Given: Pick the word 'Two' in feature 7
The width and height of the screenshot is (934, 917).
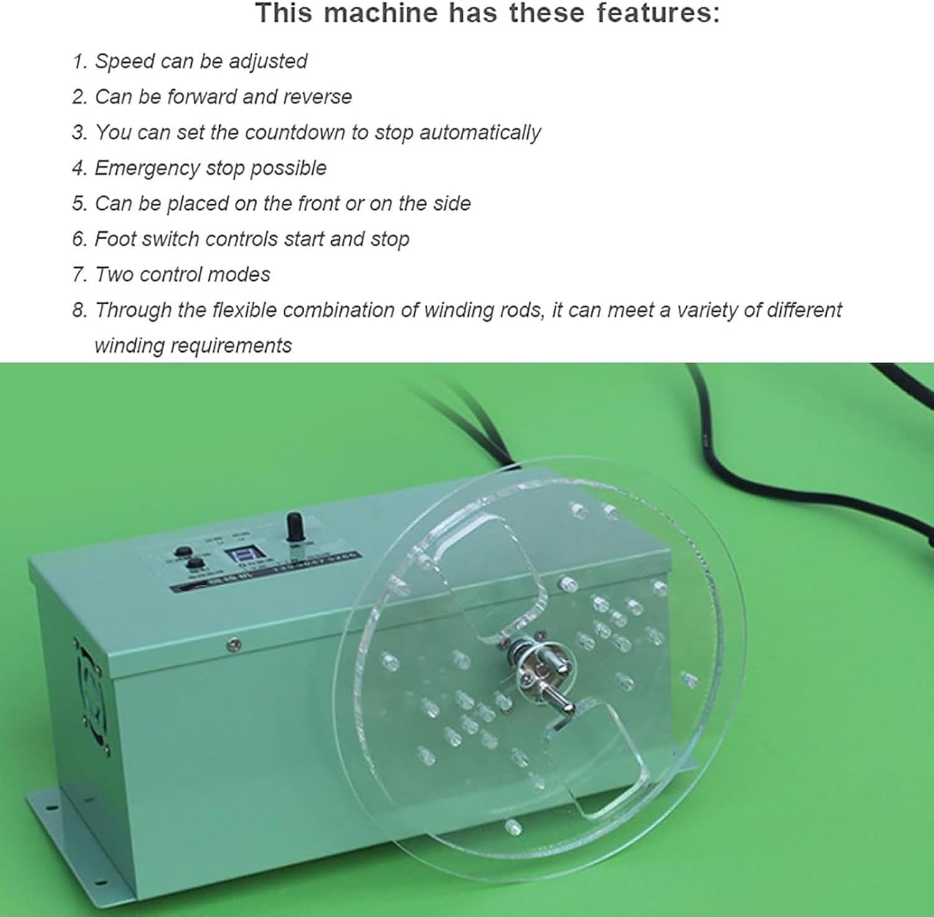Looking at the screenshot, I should pos(114,275).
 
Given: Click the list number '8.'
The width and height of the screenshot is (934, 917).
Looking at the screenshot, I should pos(80,310).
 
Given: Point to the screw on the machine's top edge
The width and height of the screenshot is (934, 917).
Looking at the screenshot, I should pos(235,645).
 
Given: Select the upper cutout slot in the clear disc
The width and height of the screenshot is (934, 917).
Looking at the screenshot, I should pos(492,573).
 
